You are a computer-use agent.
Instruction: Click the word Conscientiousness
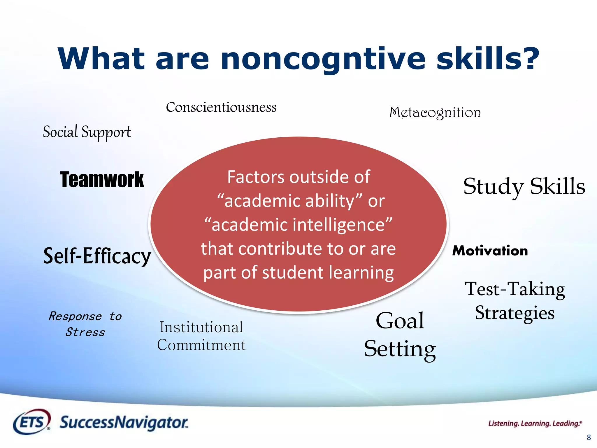point(221,107)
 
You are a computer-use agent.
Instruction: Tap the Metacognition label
point(435,113)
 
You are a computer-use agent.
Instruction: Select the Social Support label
point(87,132)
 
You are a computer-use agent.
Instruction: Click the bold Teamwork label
point(102,180)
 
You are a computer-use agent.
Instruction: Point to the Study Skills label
point(524,187)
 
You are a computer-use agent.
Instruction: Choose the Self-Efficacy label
point(97,256)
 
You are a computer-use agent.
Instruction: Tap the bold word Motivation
point(490,251)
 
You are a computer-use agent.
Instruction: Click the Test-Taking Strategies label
point(515,301)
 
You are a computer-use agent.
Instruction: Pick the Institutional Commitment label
point(201,336)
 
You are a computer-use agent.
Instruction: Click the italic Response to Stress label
point(85,324)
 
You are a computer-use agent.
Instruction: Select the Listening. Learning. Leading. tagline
point(535,423)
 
